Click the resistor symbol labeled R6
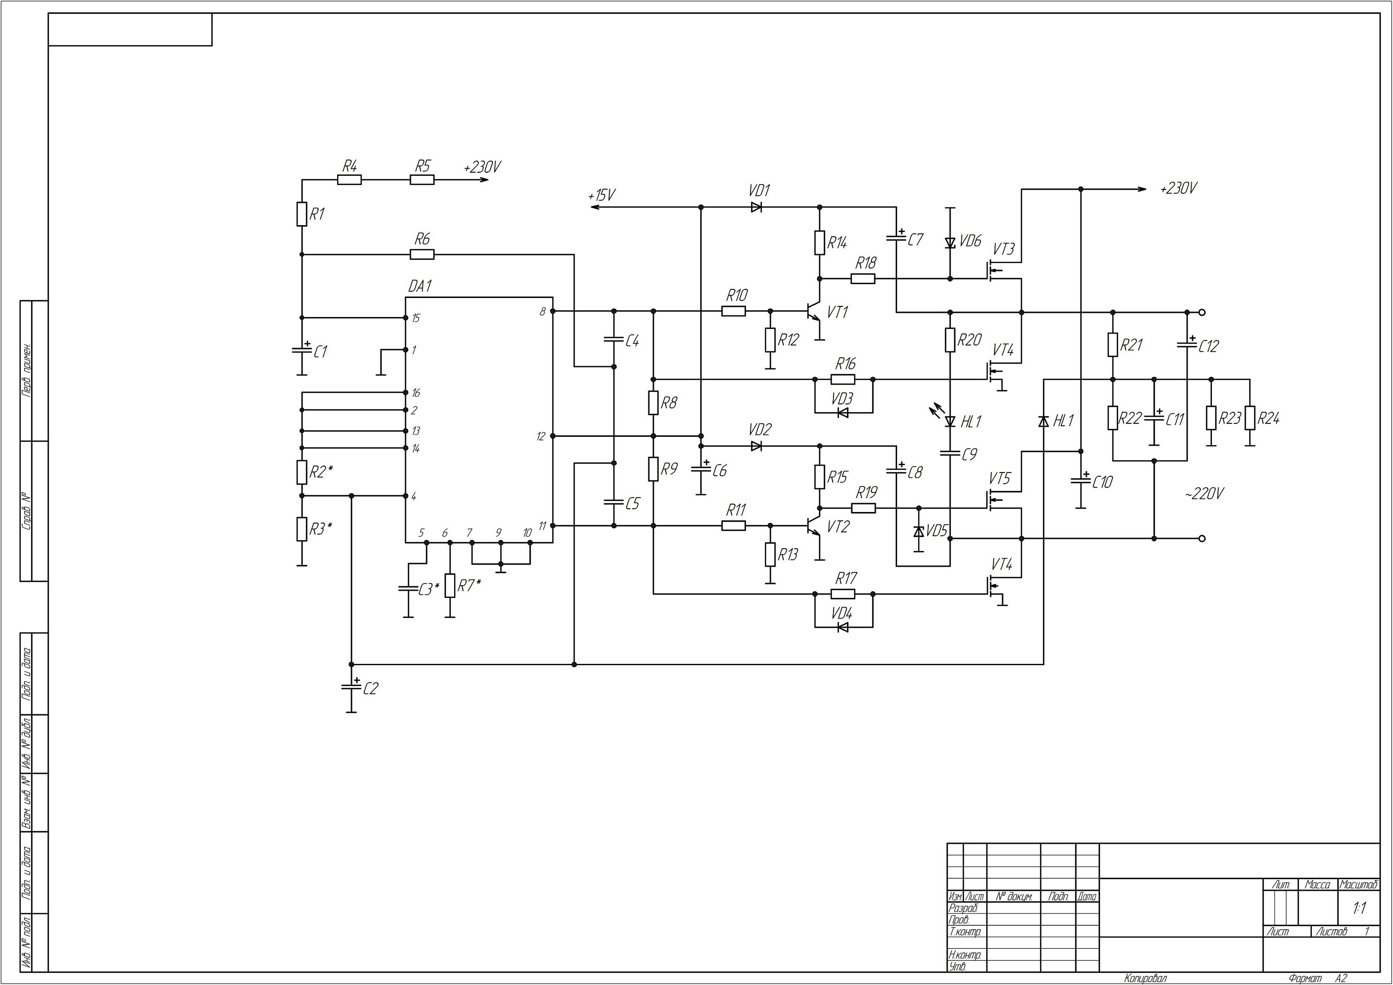click(x=422, y=255)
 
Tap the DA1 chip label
click(x=419, y=286)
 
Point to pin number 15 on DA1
click(x=415, y=318)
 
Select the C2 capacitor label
click(x=370, y=688)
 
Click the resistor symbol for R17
click(x=843, y=594)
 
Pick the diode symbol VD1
click(x=756, y=207)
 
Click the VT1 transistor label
click(x=837, y=312)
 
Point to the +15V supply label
click(x=601, y=195)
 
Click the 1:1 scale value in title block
click(x=1359, y=908)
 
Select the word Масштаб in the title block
click(x=1359, y=885)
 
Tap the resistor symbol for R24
click(x=1250, y=418)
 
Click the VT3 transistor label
click(x=1003, y=249)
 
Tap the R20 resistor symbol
click(x=950, y=340)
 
